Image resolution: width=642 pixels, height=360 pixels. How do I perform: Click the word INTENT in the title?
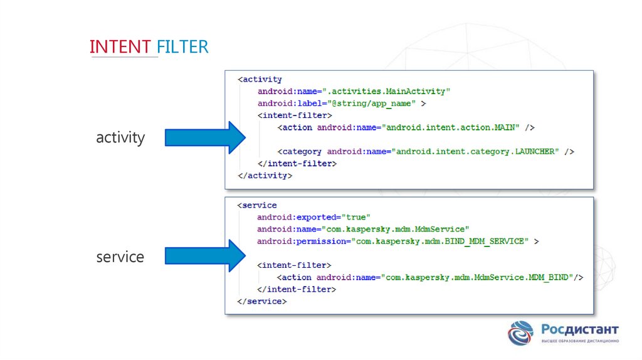(120, 46)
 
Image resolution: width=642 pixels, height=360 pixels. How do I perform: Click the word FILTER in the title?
(182, 46)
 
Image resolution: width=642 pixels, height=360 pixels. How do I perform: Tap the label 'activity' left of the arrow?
(120, 137)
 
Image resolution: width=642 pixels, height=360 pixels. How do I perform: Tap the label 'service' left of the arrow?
(120, 257)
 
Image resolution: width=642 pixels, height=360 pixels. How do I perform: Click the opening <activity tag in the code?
(260, 80)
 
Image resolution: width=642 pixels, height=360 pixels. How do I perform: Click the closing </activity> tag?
(265, 176)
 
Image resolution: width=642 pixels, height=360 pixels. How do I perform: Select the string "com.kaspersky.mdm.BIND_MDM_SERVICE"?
(438, 241)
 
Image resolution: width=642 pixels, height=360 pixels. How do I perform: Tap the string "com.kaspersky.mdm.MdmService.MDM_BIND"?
(477, 277)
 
